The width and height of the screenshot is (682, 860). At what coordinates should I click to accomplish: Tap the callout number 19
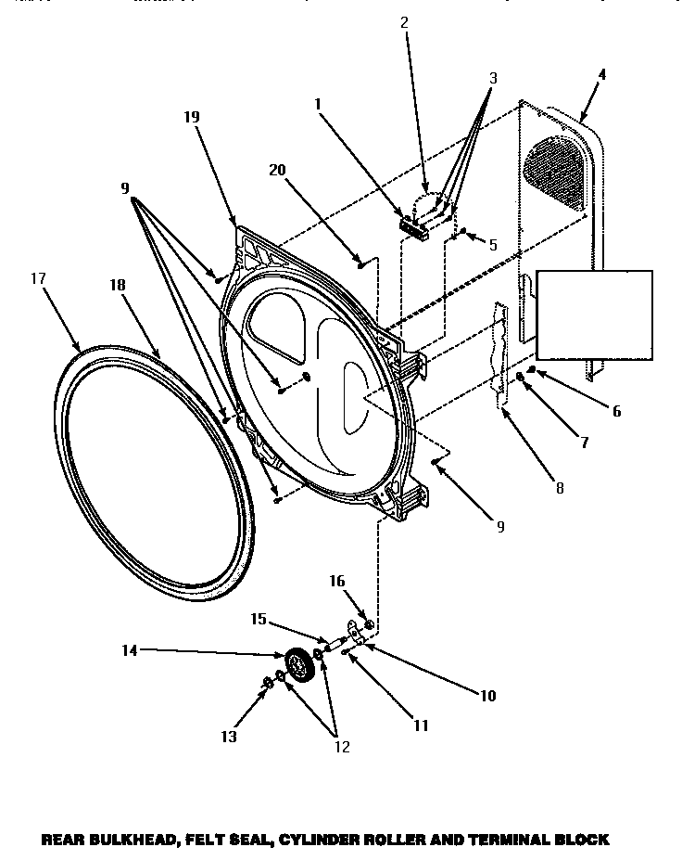pyautogui.click(x=191, y=117)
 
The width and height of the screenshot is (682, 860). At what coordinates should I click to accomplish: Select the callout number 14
pyautogui.click(x=129, y=650)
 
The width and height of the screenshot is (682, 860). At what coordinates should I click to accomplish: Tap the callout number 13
pyautogui.click(x=228, y=737)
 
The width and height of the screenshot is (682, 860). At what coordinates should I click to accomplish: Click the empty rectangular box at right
pyautogui.click(x=594, y=314)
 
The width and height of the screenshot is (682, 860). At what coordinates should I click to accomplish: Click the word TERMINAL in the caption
pyautogui.click(x=510, y=840)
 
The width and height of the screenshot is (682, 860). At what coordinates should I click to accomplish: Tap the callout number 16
pyautogui.click(x=336, y=581)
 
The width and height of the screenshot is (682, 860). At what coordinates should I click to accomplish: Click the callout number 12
pyautogui.click(x=342, y=747)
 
